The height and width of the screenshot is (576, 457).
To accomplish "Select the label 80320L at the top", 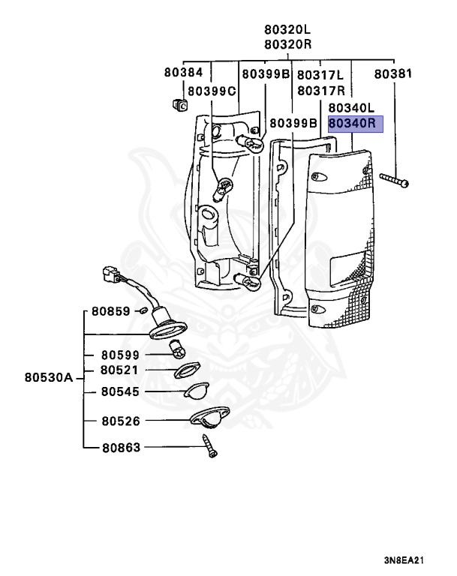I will click(287, 30).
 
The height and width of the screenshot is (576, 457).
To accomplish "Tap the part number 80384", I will click(184, 73).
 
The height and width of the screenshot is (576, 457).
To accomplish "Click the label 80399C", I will click(212, 91).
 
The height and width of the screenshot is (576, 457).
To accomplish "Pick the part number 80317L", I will click(320, 76).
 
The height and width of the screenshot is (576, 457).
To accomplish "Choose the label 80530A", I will click(48, 378).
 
